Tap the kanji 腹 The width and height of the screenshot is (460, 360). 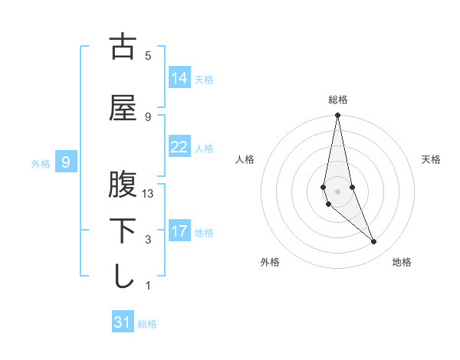point(123,185)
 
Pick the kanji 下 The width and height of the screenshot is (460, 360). point(123,231)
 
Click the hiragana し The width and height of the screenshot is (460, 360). point(123,277)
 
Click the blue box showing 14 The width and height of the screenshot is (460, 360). point(179,78)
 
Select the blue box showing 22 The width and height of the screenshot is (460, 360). point(179,147)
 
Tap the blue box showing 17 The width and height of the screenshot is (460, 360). point(179,231)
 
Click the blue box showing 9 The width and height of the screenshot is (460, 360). point(66,162)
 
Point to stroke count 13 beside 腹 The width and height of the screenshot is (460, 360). point(149,194)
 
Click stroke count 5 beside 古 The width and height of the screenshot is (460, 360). point(148,56)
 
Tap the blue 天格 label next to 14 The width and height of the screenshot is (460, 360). point(204,80)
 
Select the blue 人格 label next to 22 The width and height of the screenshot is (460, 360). point(204,149)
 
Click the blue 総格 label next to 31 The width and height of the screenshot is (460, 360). point(147,324)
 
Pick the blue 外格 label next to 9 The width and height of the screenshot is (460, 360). point(41,164)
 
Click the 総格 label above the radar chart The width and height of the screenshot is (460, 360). point(338,100)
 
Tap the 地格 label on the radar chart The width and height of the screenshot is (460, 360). point(402,262)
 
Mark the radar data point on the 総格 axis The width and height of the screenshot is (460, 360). point(337,115)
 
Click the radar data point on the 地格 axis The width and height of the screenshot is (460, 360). point(374,242)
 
